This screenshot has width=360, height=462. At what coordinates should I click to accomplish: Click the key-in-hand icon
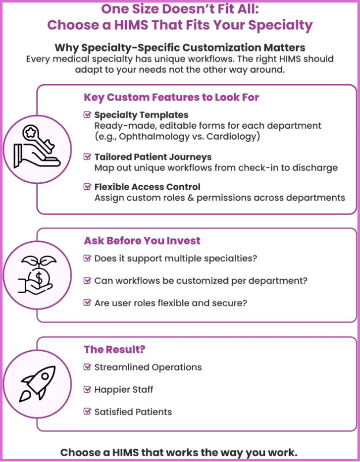[37, 146]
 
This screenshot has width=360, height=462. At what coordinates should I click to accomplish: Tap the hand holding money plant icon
[37, 275]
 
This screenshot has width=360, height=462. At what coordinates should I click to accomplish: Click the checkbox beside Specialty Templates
[87, 114]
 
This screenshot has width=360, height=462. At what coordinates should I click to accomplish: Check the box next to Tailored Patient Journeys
[87, 156]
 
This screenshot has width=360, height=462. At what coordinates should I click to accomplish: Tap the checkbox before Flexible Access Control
[87, 186]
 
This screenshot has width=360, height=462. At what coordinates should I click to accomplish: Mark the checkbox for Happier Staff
[87, 389]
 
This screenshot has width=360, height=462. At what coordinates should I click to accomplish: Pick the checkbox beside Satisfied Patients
[87, 411]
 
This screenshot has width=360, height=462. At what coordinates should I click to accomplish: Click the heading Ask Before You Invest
[142, 241]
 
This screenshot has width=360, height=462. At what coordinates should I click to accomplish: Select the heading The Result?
[115, 350]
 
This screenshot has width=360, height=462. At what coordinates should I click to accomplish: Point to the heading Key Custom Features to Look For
[171, 97]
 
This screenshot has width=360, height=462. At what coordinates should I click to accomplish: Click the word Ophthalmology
[154, 137]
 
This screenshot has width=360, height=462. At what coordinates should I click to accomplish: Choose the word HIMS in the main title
[131, 25]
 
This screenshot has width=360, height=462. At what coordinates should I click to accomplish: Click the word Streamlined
[121, 367]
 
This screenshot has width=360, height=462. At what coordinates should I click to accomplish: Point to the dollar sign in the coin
[38, 277]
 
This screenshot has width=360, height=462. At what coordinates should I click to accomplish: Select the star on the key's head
[30, 133]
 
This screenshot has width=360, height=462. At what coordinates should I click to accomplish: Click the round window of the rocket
[45, 376]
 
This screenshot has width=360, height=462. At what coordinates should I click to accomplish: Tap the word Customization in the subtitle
[221, 47]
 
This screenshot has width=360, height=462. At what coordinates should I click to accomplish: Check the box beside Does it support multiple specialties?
[87, 258]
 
